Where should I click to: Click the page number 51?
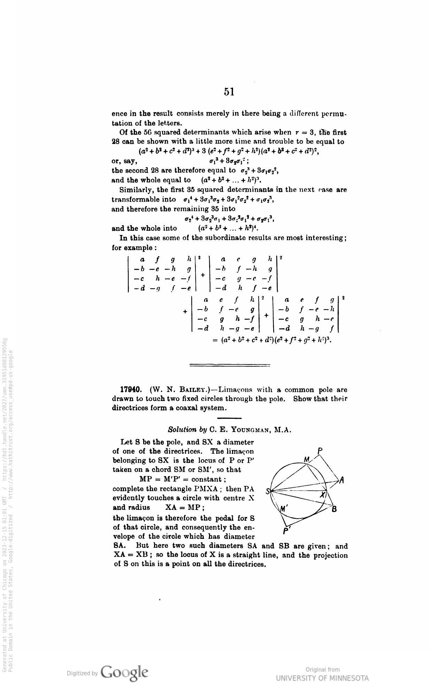pyautogui.click(x=229, y=92)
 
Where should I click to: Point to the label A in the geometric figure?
pyautogui.click(x=342, y=480)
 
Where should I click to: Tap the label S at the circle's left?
pyautogui.click(x=268, y=492)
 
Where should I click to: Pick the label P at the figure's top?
pyautogui.click(x=321, y=452)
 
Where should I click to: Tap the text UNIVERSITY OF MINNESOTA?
pyautogui.click(x=322, y=678)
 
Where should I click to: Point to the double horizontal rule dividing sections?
pyautogui.click(x=229, y=365)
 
